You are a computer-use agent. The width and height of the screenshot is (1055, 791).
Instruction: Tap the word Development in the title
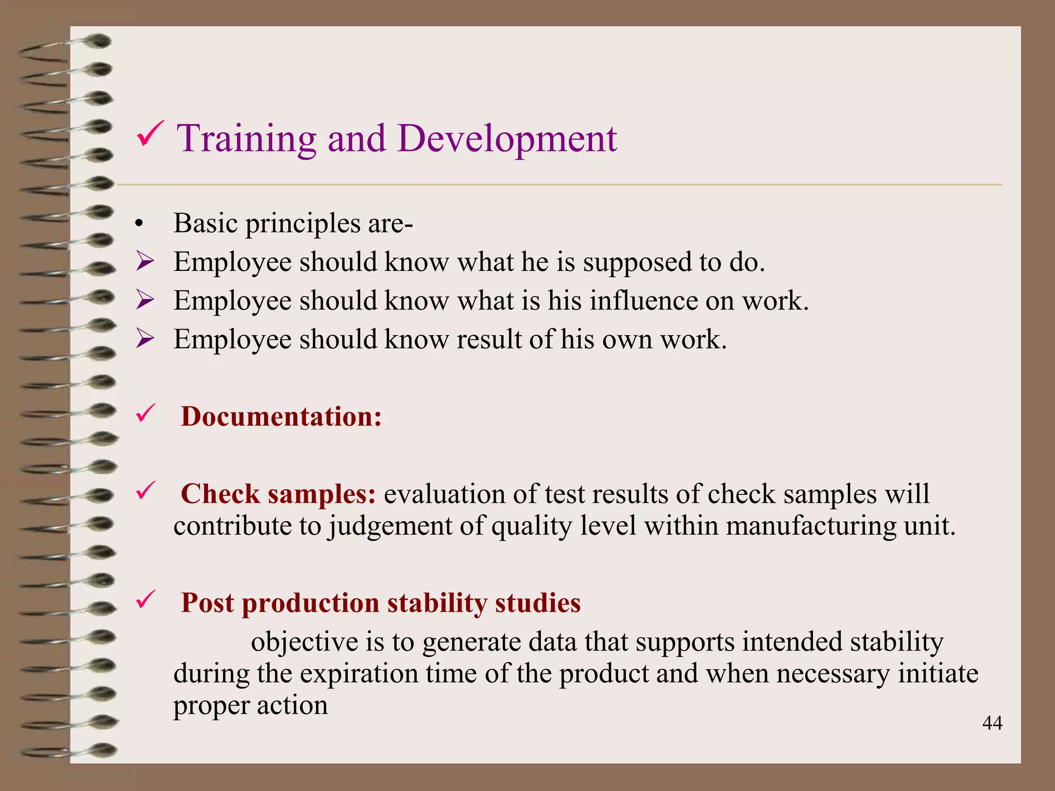pos(507,139)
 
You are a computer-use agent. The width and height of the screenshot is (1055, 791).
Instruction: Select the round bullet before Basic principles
pos(138,225)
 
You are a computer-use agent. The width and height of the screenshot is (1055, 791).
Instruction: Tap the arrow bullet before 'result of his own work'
pos(145,339)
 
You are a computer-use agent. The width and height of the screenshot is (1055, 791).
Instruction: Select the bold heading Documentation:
pos(281,416)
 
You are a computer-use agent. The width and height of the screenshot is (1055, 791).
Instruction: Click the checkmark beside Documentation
pos(145,414)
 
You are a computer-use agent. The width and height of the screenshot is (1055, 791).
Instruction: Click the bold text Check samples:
pos(278,494)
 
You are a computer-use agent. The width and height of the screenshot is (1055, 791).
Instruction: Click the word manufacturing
pos(809,526)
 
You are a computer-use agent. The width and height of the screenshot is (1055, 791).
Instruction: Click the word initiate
pos(938,674)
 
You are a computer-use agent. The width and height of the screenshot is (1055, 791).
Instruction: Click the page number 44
pos(992,724)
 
